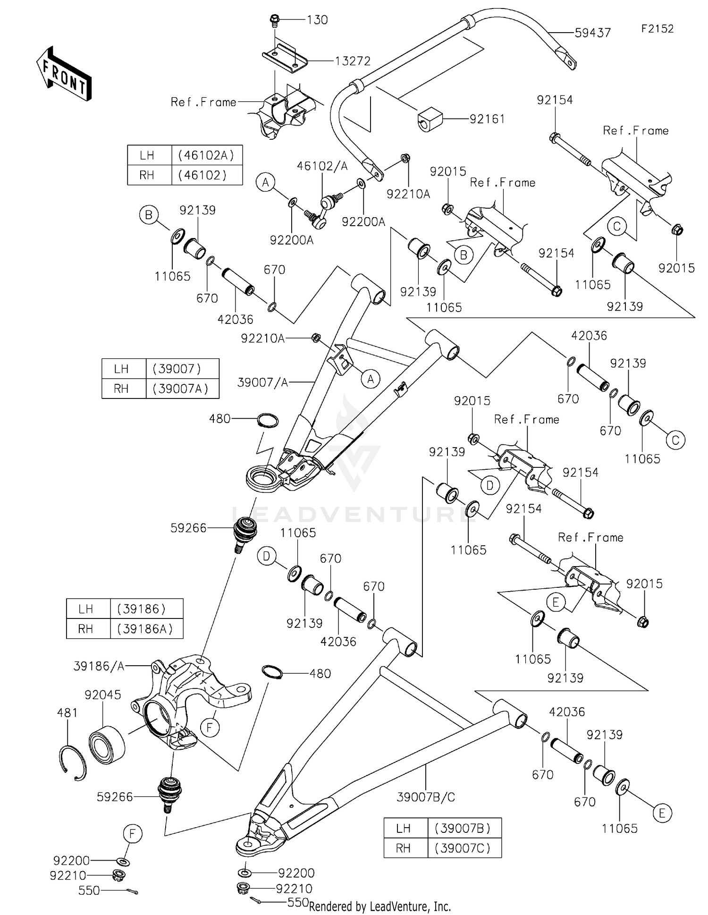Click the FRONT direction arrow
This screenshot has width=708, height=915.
(x=64, y=74)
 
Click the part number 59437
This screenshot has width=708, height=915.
(x=592, y=33)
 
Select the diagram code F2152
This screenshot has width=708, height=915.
(x=657, y=29)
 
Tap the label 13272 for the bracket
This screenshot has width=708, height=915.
(x=353, y=61)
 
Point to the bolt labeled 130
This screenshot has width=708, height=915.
(x=274, y=20)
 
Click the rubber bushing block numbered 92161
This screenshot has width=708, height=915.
(x=430, y=120)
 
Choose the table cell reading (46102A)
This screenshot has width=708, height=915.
(x=207, y=155)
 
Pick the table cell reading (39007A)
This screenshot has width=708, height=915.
(x=183, y=389)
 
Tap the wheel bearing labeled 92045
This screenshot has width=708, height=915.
(x=107, y=745)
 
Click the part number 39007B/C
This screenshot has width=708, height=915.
(x=426, y=797)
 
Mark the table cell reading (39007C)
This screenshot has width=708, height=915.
(x=464, y=848)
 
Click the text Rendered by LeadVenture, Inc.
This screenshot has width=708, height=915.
(x=380, y=906)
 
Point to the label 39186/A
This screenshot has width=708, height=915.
(x=99, y=666)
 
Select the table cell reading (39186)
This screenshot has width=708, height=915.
(x=146, y=609)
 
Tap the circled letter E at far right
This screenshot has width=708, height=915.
(x=662, y=813)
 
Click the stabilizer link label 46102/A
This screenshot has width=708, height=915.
(x=322, y=166)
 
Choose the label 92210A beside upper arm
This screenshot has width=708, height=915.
(x=262, y=338)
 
